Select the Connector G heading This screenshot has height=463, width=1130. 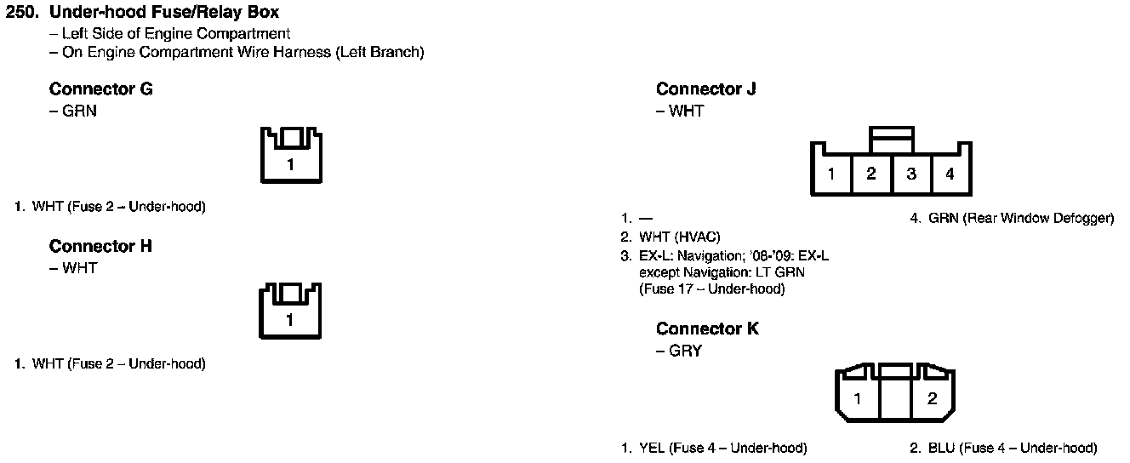point(100,89)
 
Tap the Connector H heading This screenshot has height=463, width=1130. point(100,247)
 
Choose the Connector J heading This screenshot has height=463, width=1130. point(705,89)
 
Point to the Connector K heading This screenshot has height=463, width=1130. point(707,329)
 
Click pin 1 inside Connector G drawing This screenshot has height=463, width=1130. point(290,164)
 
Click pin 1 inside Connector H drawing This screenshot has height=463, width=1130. point(290,321)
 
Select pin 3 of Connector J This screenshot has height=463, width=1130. point(911,174)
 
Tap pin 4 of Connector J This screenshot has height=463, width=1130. point(950,174)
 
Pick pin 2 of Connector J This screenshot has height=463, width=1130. point(871,174)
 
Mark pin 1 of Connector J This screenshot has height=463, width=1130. point(831,174)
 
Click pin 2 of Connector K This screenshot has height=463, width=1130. point(932,398)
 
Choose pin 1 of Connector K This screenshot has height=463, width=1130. point(859,398)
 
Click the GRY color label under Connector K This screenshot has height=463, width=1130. point(685,351)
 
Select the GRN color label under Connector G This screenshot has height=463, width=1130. point(79,111)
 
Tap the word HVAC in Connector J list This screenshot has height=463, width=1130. point(696,237)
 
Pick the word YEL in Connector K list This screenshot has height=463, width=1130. point(652,449)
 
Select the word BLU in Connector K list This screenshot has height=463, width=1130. point(941,449)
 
